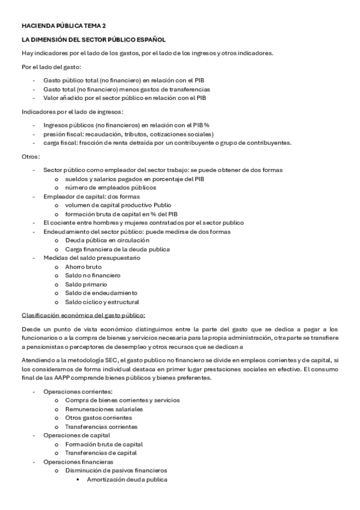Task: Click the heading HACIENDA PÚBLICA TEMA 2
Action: [x=63, y=26]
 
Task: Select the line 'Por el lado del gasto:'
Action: [x=52, y=66]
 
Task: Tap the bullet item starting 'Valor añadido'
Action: [x=125, y=97]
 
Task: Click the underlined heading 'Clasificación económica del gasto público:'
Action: [x=84, y=315]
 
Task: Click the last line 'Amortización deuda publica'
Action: [x=127, y=479]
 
